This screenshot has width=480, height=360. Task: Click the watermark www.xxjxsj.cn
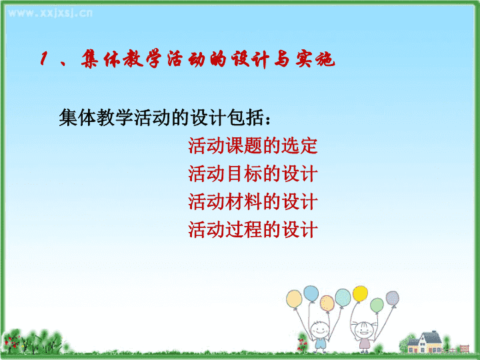(50, 13)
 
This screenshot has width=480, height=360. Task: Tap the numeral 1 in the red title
(44, 58)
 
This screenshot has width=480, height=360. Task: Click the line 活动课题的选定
(253, 146)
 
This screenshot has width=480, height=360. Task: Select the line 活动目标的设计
(253, 173)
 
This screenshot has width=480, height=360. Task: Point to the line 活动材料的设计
(253, 202)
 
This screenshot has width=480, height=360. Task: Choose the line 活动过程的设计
(253, 229)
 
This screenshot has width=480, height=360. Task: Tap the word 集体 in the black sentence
(77, 117)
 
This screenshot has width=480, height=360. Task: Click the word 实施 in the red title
(315, 59)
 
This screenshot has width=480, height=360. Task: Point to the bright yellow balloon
(360, 293)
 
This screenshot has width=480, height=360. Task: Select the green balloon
(377, 305)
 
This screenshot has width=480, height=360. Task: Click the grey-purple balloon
(392, 298)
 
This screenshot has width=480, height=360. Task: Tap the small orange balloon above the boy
(327, 303)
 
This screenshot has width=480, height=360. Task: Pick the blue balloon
(311, 293)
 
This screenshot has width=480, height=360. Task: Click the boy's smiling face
(320, 329)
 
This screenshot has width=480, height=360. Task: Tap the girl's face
(364, 331)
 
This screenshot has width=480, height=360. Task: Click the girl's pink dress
(364, 343)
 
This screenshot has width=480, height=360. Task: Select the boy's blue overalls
(320, 342)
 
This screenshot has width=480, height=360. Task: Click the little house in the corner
(426, 342)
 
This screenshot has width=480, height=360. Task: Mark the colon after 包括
(268, 120)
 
